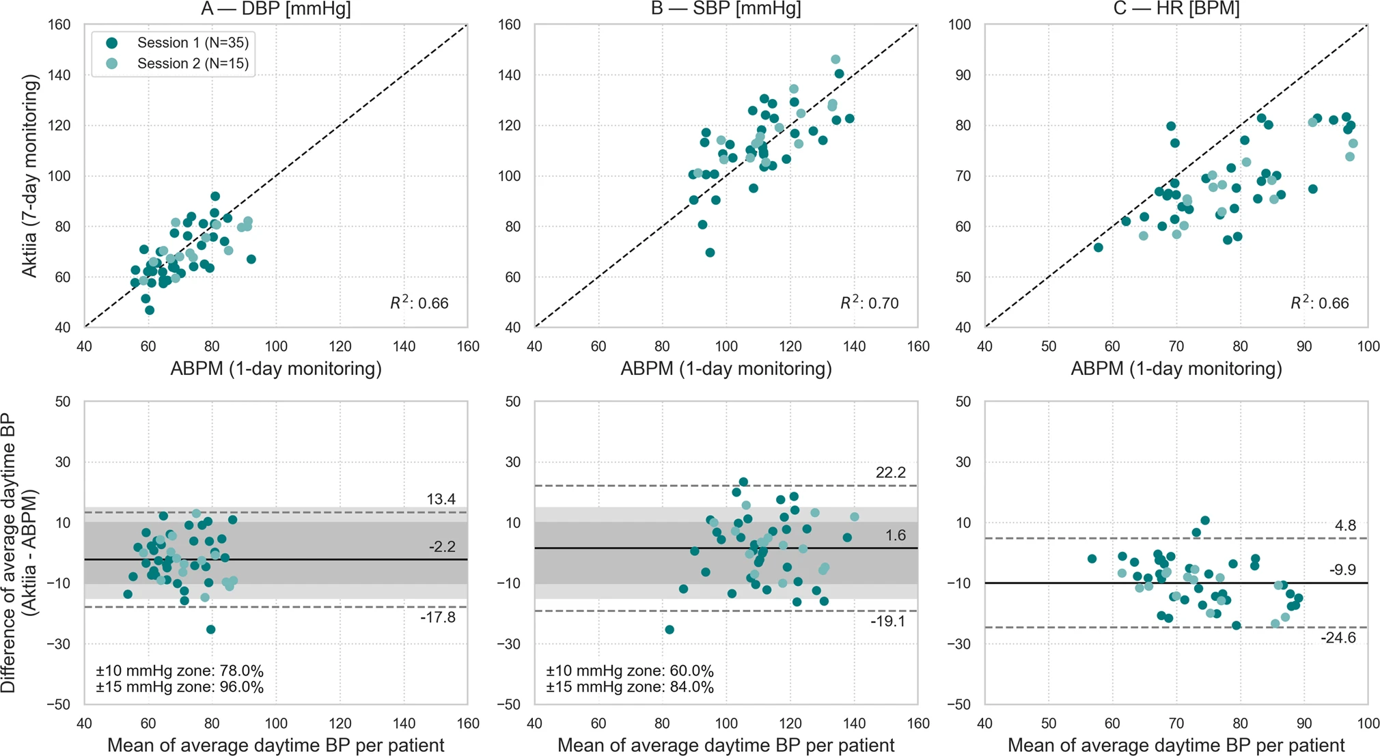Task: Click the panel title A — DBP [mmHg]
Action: [x=275, y=9]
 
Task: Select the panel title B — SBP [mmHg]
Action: [x=726, y=9]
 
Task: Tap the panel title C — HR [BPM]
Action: [x=1176, y=9]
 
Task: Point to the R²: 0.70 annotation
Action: [x=869, y=303]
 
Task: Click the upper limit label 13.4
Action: [x=441, y=499]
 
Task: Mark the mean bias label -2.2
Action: [x=442, y=546]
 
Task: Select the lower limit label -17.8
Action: [x=438, y=617]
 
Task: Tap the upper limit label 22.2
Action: [x=891, y=473]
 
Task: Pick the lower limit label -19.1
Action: [x=887, y=621]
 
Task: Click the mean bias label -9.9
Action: [x=1342, y=570]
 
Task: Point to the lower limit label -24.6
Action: [x=1338, y=638]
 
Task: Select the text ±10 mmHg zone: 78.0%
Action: [x=179, y=671]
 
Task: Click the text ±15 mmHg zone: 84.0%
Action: [x=629, y=687]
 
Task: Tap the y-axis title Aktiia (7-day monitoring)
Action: [x=29, y=176]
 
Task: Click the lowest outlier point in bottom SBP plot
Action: [x=670, y=630]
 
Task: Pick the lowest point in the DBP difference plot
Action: [x=210, y=630]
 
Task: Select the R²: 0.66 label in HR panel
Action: [x=1319, y=303]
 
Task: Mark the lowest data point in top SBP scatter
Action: [x=710, y=253]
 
